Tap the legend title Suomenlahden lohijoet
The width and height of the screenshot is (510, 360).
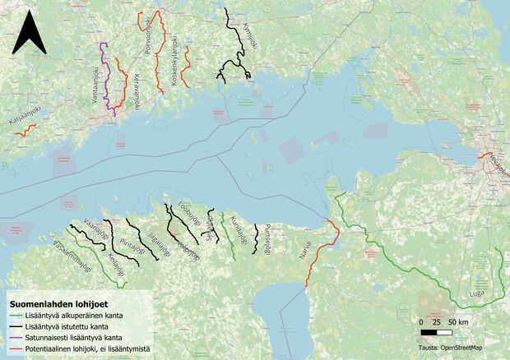55,305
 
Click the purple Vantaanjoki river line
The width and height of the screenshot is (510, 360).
104,70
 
